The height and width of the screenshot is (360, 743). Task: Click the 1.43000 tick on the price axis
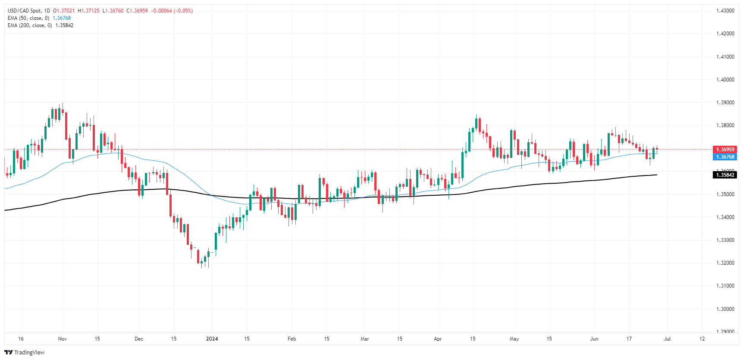(x=725, y=11)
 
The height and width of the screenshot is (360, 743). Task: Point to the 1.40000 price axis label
(x=725, y=80)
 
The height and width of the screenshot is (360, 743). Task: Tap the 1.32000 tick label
(x=725, y=263)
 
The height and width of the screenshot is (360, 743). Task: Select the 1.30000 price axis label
(x=725, y=309)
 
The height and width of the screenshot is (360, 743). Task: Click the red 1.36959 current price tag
(x=725, y=150)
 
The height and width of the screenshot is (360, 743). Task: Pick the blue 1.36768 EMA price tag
(x=725, y=157)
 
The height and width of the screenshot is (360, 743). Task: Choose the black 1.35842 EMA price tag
(x=725, y=175)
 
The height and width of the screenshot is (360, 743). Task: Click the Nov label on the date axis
(x=63, y=339)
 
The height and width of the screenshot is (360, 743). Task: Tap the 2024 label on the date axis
(x=212, y=339)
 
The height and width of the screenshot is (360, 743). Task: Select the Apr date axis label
(x=438, y=339)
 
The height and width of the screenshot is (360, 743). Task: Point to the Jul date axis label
(x=667, y=339)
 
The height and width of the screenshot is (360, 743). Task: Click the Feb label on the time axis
(x=292, y=339)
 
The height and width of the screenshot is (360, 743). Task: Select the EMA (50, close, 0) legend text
(x=28, y=18)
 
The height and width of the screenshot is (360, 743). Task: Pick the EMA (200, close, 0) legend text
(x=30, y=25)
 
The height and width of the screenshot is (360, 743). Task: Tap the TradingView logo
(x=25, y=352)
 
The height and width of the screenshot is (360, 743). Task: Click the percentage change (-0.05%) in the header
(x=183, y=11)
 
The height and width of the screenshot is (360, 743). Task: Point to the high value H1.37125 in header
(x=88, y=11)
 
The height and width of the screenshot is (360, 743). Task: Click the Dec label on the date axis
(x=139, y=339)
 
